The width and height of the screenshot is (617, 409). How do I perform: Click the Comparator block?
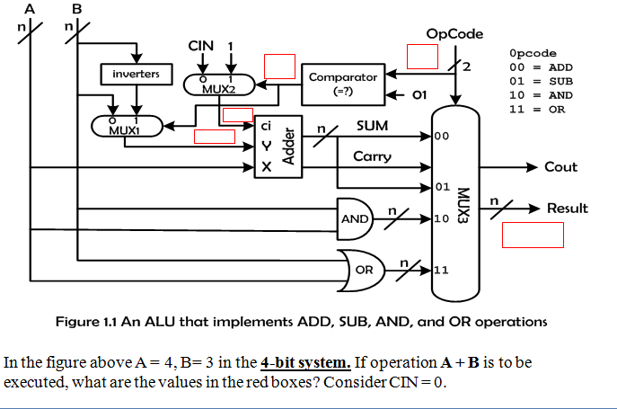tap(342, 84)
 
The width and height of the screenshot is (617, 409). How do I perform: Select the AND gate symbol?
tap(354, 218)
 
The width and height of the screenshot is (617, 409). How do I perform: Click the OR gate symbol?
tap(363, 270)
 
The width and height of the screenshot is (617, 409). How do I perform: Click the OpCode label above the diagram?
tap(454, 34)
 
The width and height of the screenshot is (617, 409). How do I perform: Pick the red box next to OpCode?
tap(422, 55)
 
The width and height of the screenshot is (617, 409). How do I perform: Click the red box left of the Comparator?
tap(279, 67)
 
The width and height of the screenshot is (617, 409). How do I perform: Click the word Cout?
tap(560, 167)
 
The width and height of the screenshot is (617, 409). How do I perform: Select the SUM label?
tap(372, 126)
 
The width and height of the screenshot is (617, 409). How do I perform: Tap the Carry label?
tap(372, 156)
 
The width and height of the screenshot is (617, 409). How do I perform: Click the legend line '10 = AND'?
tap(541, 94)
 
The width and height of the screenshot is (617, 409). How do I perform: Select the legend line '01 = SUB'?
tap(541, 81)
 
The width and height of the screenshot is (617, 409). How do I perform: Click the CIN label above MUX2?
tap(200, 46)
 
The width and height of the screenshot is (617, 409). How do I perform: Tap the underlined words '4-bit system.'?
tap(305, 363)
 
